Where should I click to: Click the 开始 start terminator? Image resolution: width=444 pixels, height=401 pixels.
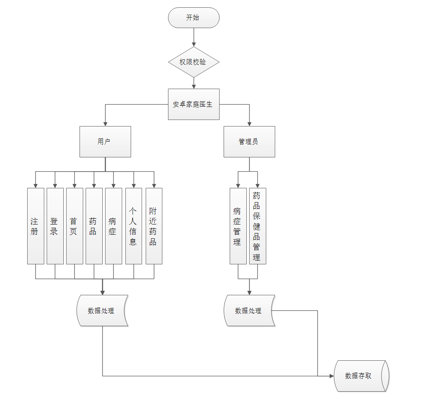tap(194, 18)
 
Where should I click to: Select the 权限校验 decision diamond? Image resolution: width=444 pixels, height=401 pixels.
tap(194, 62)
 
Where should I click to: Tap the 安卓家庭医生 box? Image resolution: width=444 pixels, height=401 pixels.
tap(194, 104)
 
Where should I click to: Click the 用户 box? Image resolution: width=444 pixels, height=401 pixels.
tap(105, 142)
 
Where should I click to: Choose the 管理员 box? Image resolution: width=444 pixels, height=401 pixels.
tap(249, 142)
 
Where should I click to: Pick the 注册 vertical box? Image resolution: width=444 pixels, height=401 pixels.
tap(35, 226)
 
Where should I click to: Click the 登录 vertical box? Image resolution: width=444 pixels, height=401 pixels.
tap(55, 226)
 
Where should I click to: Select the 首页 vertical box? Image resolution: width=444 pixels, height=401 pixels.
tap(74, 226)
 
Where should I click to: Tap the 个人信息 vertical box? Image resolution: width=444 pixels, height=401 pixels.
tap(134, 226)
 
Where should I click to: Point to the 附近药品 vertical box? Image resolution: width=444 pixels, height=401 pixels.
tap(154, 226)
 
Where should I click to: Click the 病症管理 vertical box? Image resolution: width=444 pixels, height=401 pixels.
tap(238, 226)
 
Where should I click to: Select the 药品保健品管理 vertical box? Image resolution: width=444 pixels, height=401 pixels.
tap(257, 226)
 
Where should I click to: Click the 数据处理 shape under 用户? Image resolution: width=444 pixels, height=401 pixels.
tap(102, 311)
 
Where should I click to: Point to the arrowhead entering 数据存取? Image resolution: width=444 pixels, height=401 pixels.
tap(331, 376)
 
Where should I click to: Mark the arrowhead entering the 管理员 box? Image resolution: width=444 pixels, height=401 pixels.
tap(249, 124)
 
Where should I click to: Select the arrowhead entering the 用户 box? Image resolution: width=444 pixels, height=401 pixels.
tap(105, 124)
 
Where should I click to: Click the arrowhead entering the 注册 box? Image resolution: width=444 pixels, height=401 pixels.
tap(35, 185)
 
